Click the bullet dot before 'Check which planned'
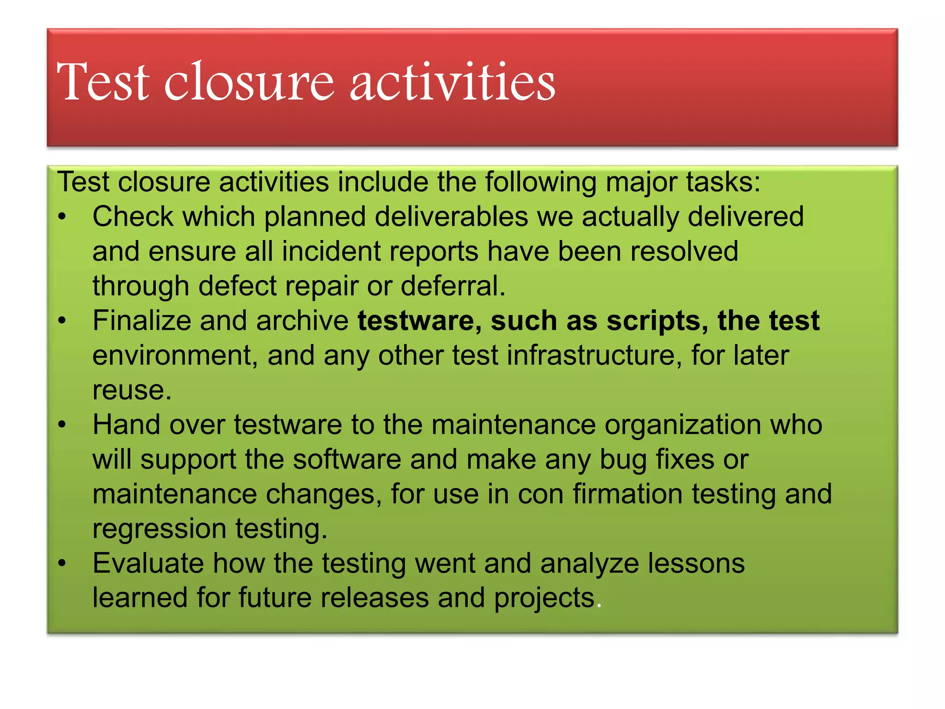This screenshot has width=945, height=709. tap(63, 216)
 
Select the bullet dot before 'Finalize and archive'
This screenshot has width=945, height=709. tap(63, 320)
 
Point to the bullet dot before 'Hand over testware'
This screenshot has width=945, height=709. tap(63, 424)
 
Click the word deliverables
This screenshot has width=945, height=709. tap(451, 216)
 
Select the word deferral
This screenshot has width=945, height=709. tap(453, 286)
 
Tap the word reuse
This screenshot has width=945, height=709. tap(132, 391)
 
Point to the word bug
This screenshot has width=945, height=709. tap(622, 460)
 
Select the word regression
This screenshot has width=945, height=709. tap(159, 529)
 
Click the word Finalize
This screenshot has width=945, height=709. tap(142, 320)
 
